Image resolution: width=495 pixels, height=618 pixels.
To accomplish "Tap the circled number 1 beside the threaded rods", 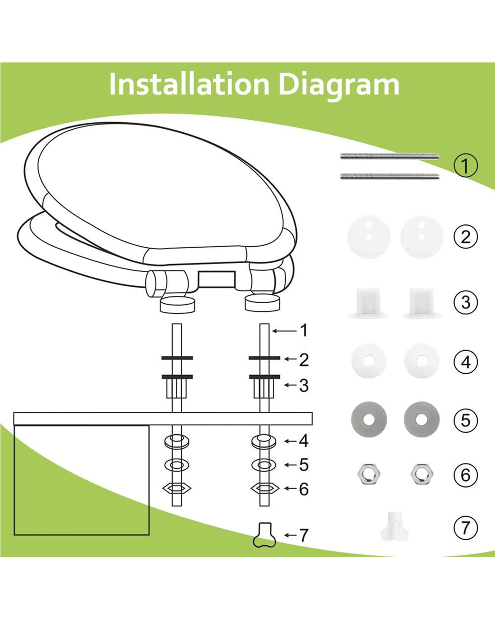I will point(466,166).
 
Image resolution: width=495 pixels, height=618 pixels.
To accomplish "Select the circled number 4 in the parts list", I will point(466,362).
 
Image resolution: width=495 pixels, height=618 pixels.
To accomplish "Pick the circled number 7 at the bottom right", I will point(466,527).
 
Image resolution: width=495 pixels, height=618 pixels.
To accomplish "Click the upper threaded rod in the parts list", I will point(390,156).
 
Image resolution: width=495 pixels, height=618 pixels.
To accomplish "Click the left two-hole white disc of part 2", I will point(368,237).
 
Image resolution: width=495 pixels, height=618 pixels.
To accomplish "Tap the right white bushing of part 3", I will point(422,303).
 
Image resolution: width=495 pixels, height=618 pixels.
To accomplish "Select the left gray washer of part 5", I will point(368,419).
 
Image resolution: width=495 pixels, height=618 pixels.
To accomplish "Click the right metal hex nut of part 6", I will point(421,474).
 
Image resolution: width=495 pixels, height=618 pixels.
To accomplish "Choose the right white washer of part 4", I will point(422,361).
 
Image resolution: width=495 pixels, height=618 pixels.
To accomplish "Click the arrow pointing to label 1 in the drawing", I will point(285,331).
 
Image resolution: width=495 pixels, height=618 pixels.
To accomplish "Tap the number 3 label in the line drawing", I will point(304,386).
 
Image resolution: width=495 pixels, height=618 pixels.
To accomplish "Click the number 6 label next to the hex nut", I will point(304,489).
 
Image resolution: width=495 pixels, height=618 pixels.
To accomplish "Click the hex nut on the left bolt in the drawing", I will point(176,488).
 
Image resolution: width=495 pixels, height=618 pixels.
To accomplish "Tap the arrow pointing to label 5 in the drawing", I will point(290,465).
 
